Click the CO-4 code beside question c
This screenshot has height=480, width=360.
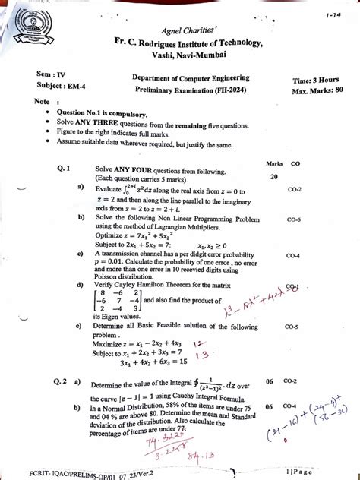click(x=294, y=256)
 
